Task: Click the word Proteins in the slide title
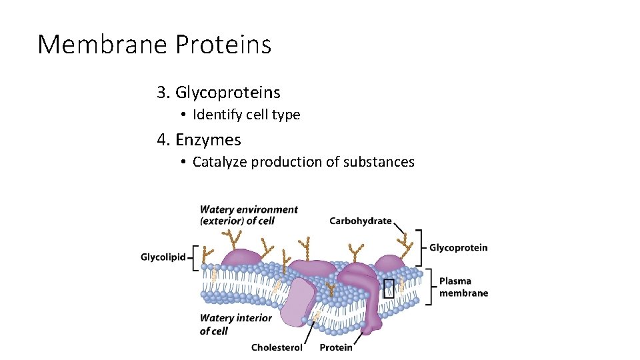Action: pos(223,45)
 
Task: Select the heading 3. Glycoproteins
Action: pos(219,92)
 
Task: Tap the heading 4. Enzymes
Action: pos(199,140)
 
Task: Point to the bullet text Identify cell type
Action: pos(246,115)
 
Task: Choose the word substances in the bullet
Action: pos(379,162)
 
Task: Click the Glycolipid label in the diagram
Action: pos(163,257)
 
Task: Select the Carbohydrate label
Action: pos(360,221)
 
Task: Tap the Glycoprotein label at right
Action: pos(458,248)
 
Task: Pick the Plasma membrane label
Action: pos(463,287)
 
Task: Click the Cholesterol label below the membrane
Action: pos(277,347)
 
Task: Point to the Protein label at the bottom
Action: pos(336,347)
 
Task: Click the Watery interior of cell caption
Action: pos(235,324)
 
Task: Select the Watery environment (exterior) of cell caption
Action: pos(249,215)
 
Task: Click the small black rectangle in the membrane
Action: pos(389,288)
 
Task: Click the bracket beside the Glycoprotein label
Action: pos(420,247)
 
